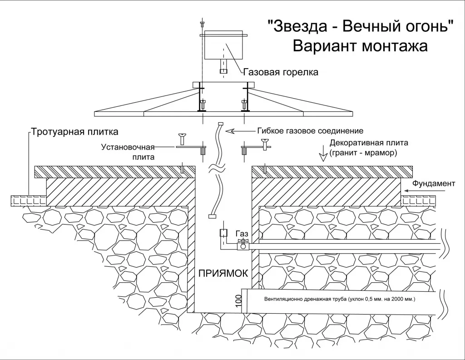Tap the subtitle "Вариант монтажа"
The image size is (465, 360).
point(360,46)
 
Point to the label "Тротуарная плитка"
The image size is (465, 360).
point(75,132)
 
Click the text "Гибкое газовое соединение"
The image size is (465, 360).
point(310,131)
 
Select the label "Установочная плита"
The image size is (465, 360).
point(129,152)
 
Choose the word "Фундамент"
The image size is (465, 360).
point(435,184)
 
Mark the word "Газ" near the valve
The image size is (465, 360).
point(242,233)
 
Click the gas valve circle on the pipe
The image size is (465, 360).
point(243,246)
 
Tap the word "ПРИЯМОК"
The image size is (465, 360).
point(223,273)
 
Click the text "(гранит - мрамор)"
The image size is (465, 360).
point(364,153)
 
